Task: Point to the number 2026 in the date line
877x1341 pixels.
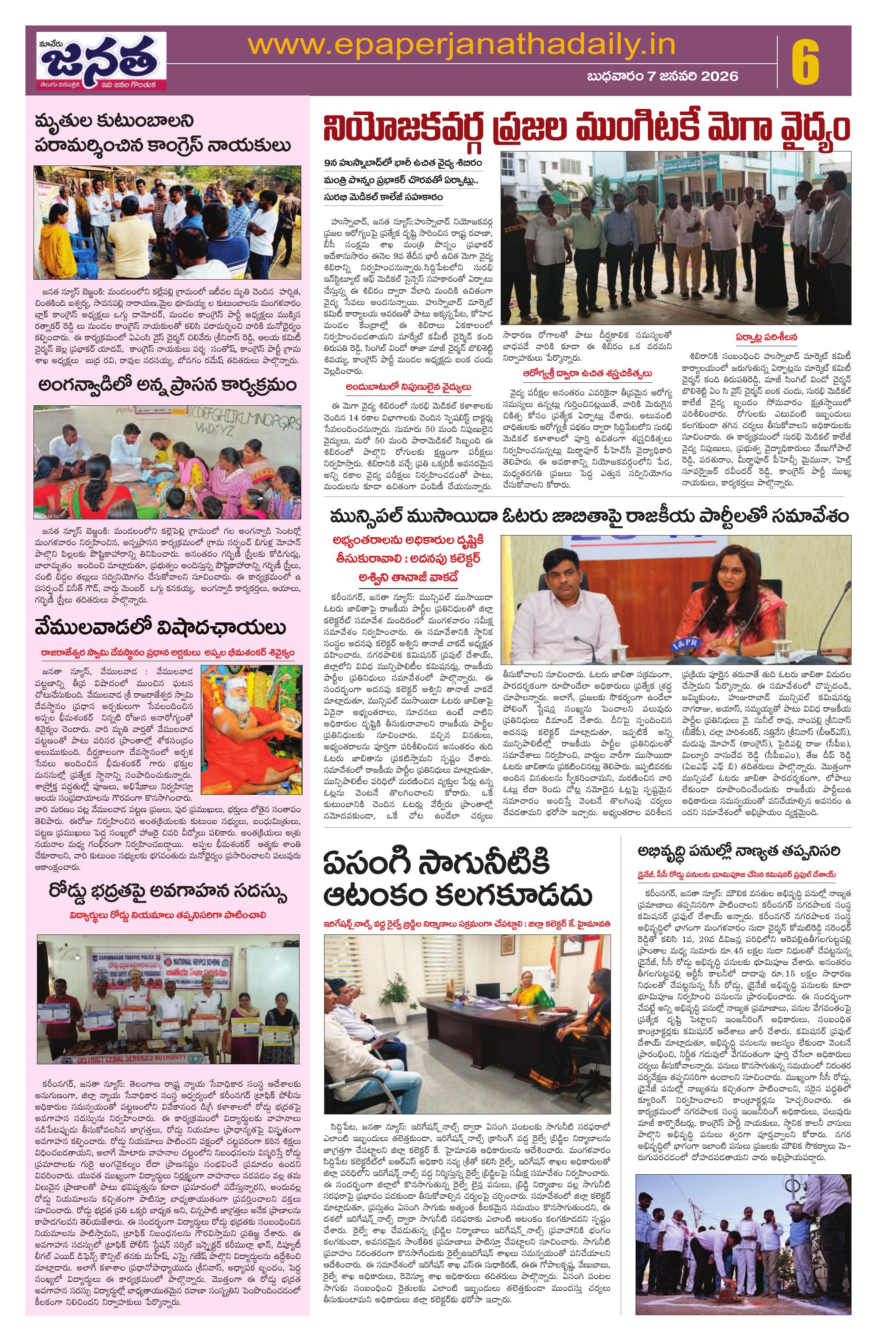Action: (713, 76)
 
